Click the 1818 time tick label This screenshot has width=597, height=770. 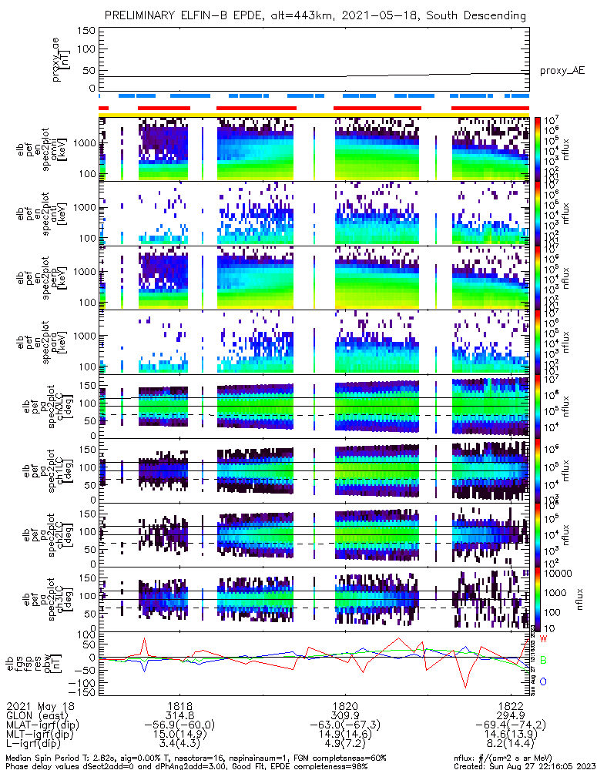pyautogui.click(x=179, y=705)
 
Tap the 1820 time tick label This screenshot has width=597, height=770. pyautogui.click(x=344, y=705)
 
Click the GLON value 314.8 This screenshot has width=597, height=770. pyautogui.click(x=179, y=715)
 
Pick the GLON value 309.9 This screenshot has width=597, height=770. pyautogui.click(x=344, y=715)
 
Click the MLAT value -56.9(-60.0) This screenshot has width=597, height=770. pyautogui.click(x=179, y=725)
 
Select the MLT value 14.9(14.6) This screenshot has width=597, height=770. pyautogui.click(x=344, y=735)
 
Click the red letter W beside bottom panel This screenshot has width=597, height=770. pyautogui.click(x=543, y=639)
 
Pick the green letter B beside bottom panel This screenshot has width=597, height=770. pyautogui.click(x=543, y=661)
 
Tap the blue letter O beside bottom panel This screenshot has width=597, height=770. pyautogui.click(x=543, y=681)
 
